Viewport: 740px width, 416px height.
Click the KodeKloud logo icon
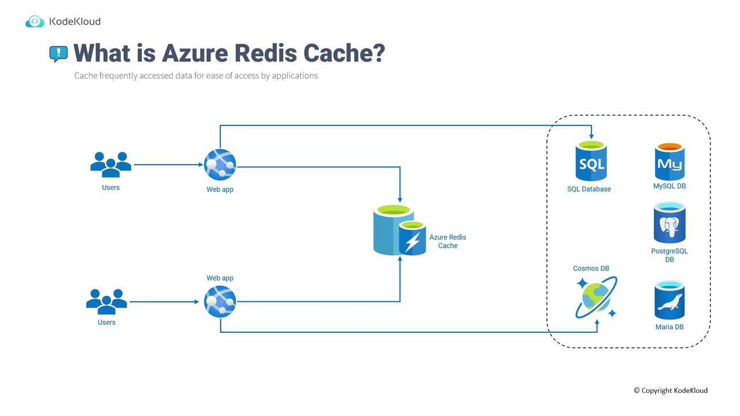click(35, 22)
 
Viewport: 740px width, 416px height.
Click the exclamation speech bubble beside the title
click(58, 54)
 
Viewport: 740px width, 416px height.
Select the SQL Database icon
click(590, 161)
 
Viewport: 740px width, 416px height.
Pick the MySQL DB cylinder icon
click(669, 162)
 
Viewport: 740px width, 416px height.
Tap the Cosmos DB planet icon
click(596, 298)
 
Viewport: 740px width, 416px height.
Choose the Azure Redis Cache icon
click(399, 230)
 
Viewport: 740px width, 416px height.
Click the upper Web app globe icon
click(220, 165)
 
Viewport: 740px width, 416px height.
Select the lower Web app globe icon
click(220, 302)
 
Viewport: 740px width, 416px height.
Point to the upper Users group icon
click(111, 165)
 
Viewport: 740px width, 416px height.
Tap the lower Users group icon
click(106, 301)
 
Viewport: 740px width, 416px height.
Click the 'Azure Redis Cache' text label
click(447, 242)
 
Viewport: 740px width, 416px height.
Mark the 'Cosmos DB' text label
click(591, 269)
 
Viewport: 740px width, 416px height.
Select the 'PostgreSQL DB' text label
click(669, 255)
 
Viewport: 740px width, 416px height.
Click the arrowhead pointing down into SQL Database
click(591, 136)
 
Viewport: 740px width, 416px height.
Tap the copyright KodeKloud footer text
click(671, 391)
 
